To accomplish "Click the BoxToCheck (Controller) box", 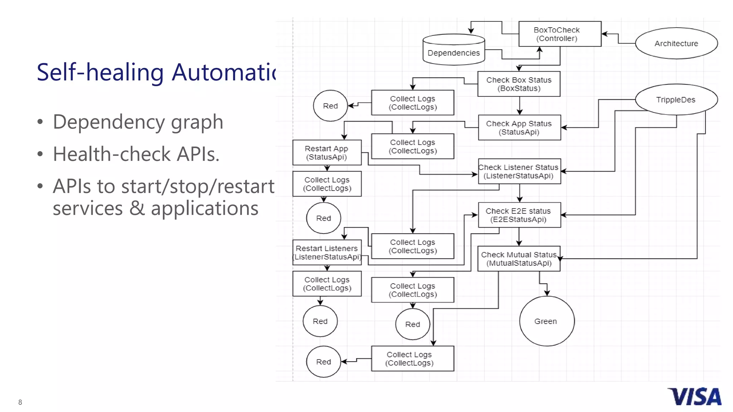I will tap(559, 34).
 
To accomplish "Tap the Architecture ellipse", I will tap(676, 43).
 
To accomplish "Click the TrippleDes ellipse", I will tap(676, 100).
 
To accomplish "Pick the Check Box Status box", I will tap(519, 84).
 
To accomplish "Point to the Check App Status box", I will tap(519, 128).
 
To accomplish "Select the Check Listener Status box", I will tap(519, 171).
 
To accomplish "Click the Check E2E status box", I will tap(519, 215).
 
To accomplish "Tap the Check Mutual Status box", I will tap(519, 259).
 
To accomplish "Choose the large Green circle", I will tap(547, 321).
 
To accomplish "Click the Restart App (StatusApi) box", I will tap(326, 153).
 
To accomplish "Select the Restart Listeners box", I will tap(327, 252).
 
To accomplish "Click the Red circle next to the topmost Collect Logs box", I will tap(330, 106).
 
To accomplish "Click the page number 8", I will tap(20, 402).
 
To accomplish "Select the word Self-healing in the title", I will tap(100, 73).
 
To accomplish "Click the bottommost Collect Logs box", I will tap(412, 358).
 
